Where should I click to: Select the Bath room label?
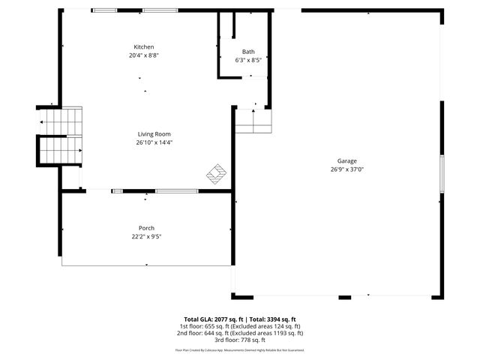pos(247,52)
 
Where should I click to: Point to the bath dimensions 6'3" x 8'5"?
pos(247,60)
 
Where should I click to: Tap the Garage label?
pos(346,160)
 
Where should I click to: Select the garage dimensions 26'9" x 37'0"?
pos(346,169)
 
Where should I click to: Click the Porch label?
pos(146,228)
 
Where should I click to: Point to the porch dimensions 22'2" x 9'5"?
pos(146,236)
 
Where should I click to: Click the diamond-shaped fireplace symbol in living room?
pos(217,174)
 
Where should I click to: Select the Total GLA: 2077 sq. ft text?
pos(211,319)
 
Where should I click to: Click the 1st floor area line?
pos(239,326)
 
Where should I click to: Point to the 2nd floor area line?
pos(239,333)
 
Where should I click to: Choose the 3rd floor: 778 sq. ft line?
pos(239,340)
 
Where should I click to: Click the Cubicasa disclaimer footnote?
pos(239,349)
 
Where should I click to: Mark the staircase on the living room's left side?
pos(60,136)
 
